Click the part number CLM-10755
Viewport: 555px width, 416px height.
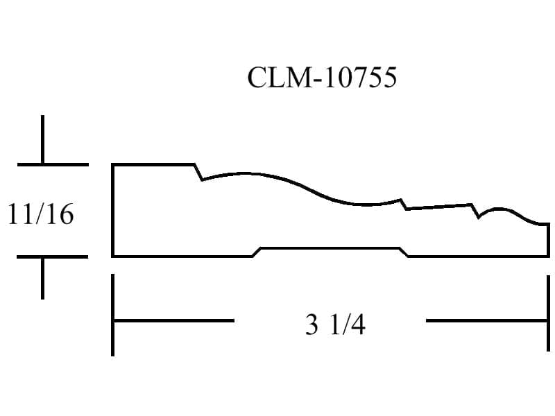pyautogui.click(x=322, y=78)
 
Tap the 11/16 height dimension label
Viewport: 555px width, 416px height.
pyautogui.click(x=41, y=214)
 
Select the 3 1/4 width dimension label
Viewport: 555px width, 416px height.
pyautogui.click(x=335, y=324)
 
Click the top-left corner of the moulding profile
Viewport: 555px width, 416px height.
pyautogui.click(x=112, y=164)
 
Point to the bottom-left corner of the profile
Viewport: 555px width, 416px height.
pyautogui.click(x=112, y=256)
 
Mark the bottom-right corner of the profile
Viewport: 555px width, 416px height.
pyautogui.click(x=549, y=256)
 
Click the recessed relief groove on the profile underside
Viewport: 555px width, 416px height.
pyautogui.click(x=331, y=249)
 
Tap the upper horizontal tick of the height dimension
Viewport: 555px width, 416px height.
pyautogui.click(x=53, y=164)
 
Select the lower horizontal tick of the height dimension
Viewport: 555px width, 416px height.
pyautogui.click(x=52, y=257)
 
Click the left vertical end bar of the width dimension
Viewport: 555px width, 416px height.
pyautogui.click(x=112, y=315)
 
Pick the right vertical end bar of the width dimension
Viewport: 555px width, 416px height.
pyautogui.click(x=548, y=313)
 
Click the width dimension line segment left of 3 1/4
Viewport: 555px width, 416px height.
pyautogui.click(x=173, y=321)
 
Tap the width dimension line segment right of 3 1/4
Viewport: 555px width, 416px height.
pyautogui.click(x=487, y=321)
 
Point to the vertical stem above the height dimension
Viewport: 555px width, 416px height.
pyautogui.click(x=42, y=140)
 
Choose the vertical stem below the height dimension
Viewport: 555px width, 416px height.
pyautogui.click(x=42, y=279)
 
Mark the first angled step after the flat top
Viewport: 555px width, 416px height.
pyautogui.click(x=198, y=172)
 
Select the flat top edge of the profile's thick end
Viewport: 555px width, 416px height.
pyautogui.click(x=153, y=164)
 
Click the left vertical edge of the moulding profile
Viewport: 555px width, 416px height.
pyautogui.click(x=112, y=211)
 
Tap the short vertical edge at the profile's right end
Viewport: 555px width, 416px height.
pyautogui.click(x=549, y=240)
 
